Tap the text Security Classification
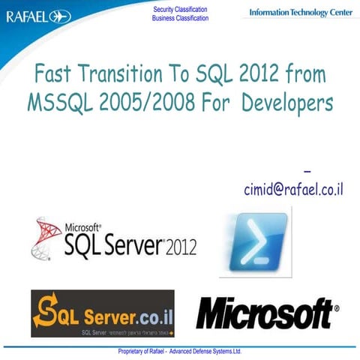click(180, 8)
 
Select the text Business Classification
click(180, 18)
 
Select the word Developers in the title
click(286, 103)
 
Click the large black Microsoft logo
click(263, 313)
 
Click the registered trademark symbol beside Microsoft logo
click(335, 307)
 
